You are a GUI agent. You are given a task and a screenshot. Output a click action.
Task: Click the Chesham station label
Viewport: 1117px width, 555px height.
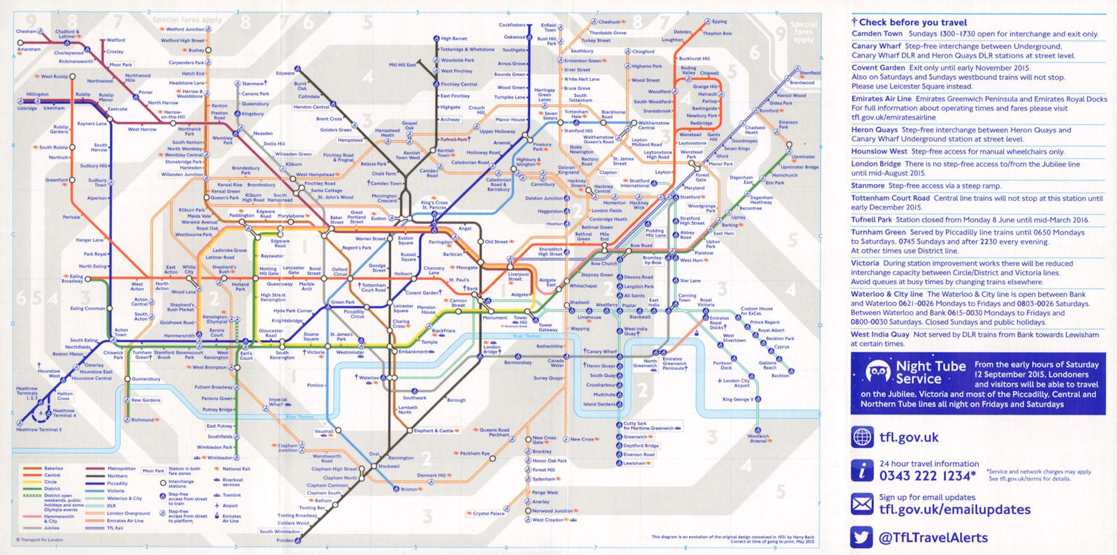(x=26, y=31)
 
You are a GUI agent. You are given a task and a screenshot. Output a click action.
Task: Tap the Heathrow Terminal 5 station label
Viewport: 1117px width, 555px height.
(x=39, y=429)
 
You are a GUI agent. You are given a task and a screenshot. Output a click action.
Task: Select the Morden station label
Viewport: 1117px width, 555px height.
(x=285, y=540)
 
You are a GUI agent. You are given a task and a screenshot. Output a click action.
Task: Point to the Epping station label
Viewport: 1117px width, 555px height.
(x=719, y=22)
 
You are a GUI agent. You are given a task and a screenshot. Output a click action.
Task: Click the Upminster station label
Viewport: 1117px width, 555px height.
(x=803, y=157)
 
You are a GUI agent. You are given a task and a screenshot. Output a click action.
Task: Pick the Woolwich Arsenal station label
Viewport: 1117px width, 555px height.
(x=758, y=438)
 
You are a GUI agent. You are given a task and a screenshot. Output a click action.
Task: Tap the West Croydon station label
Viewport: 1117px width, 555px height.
(x=548, y=520)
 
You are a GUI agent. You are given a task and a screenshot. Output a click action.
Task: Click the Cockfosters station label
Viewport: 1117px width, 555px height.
(x=512, y=25)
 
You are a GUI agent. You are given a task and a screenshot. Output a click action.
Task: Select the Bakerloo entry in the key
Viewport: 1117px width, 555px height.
(x=54, y=468)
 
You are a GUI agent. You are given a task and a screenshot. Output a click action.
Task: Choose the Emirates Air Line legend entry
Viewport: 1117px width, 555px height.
(x=125, y=521)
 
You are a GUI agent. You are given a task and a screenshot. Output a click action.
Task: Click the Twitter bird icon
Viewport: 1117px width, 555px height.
(x=862, y=536)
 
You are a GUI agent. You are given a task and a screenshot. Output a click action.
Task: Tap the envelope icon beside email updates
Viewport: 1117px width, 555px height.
(x=862, y=503)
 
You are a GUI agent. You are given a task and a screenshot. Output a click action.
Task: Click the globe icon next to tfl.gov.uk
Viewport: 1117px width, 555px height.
(x=862, y=437)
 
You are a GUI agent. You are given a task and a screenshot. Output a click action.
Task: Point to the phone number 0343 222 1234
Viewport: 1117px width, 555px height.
(x=927, y=475)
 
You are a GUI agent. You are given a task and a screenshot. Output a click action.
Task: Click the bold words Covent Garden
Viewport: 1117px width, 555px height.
(x=878, y=68)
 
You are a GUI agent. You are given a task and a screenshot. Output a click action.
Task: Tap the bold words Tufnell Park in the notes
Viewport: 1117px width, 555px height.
(x=871, y=219)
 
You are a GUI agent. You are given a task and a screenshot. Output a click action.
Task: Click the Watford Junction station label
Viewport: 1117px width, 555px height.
(x=185, y=29)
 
